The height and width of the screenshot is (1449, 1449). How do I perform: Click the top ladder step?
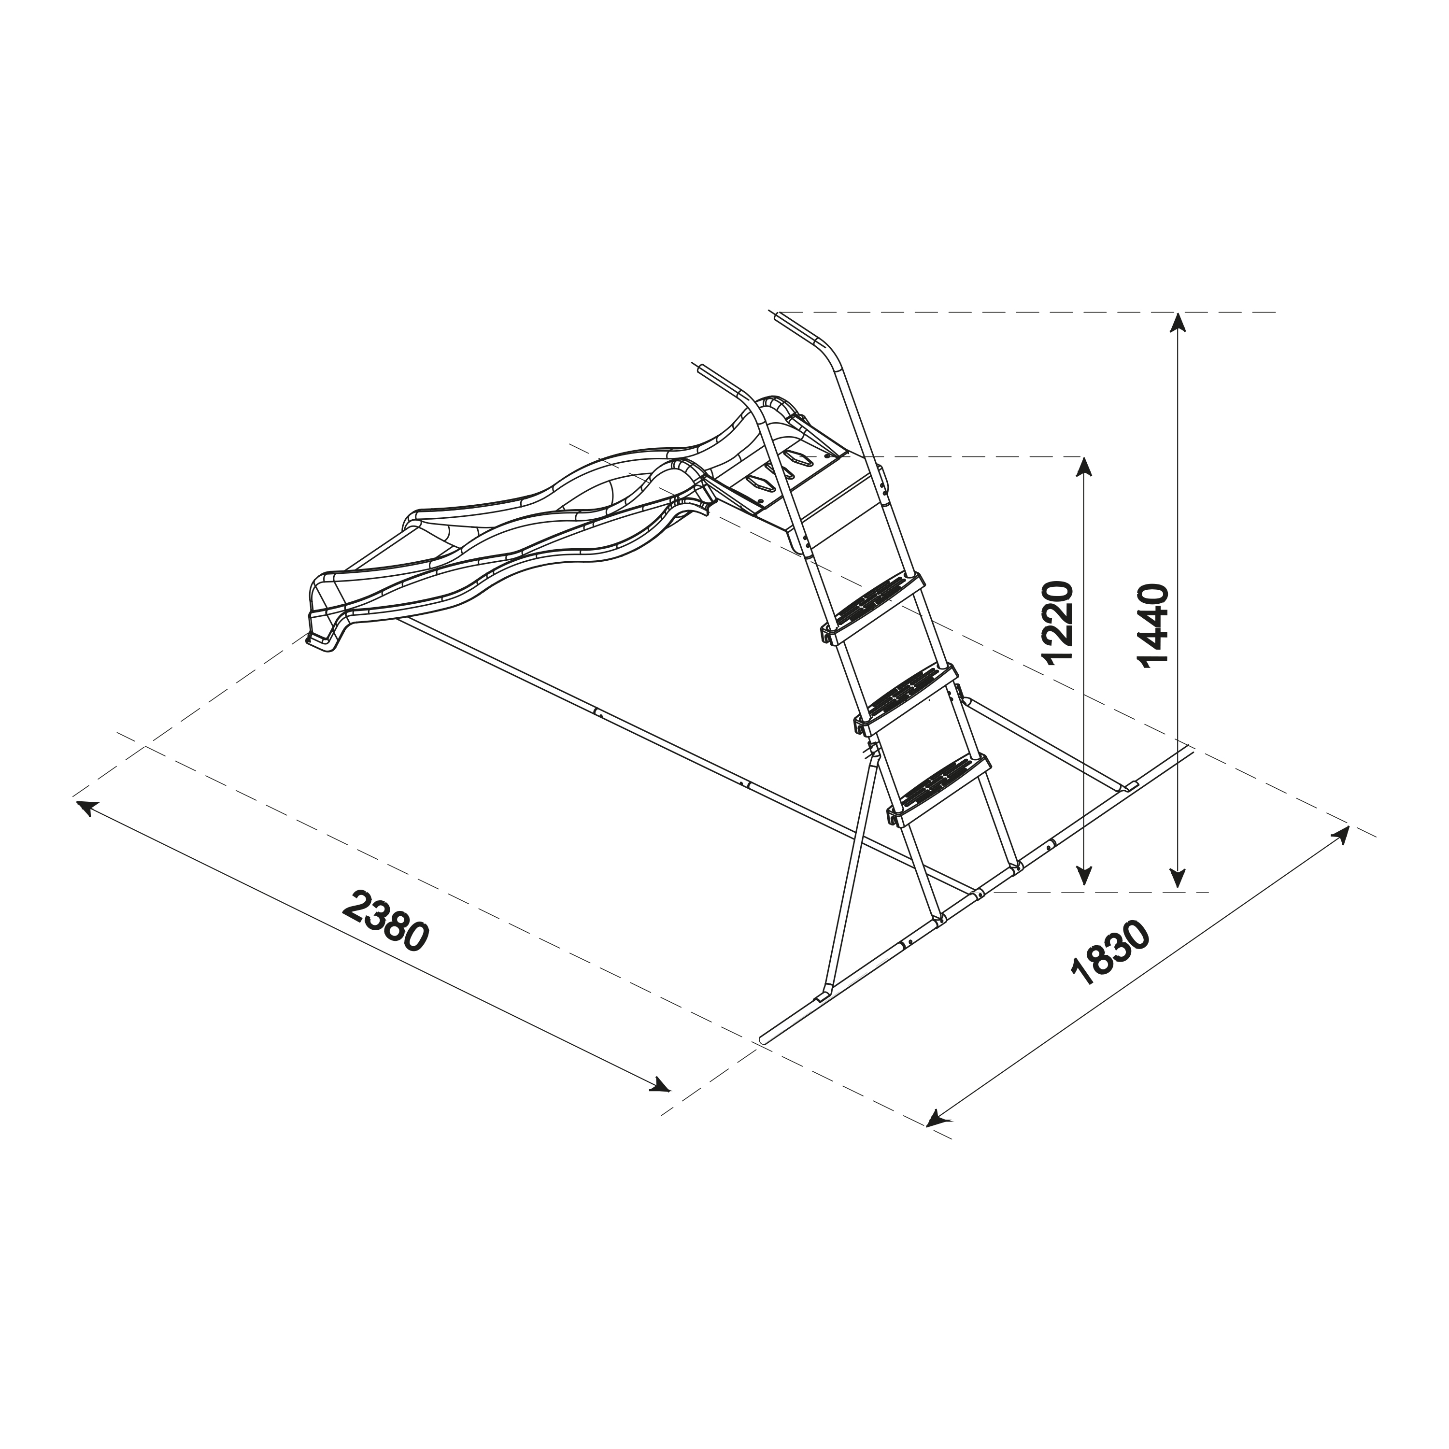point(872,601)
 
